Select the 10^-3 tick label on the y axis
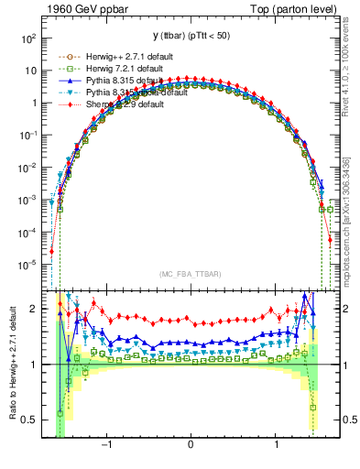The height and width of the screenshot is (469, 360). (27, 200)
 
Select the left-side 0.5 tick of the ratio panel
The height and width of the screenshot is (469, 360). (30, 420)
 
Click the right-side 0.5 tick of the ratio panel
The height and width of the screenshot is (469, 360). (347, 420)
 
